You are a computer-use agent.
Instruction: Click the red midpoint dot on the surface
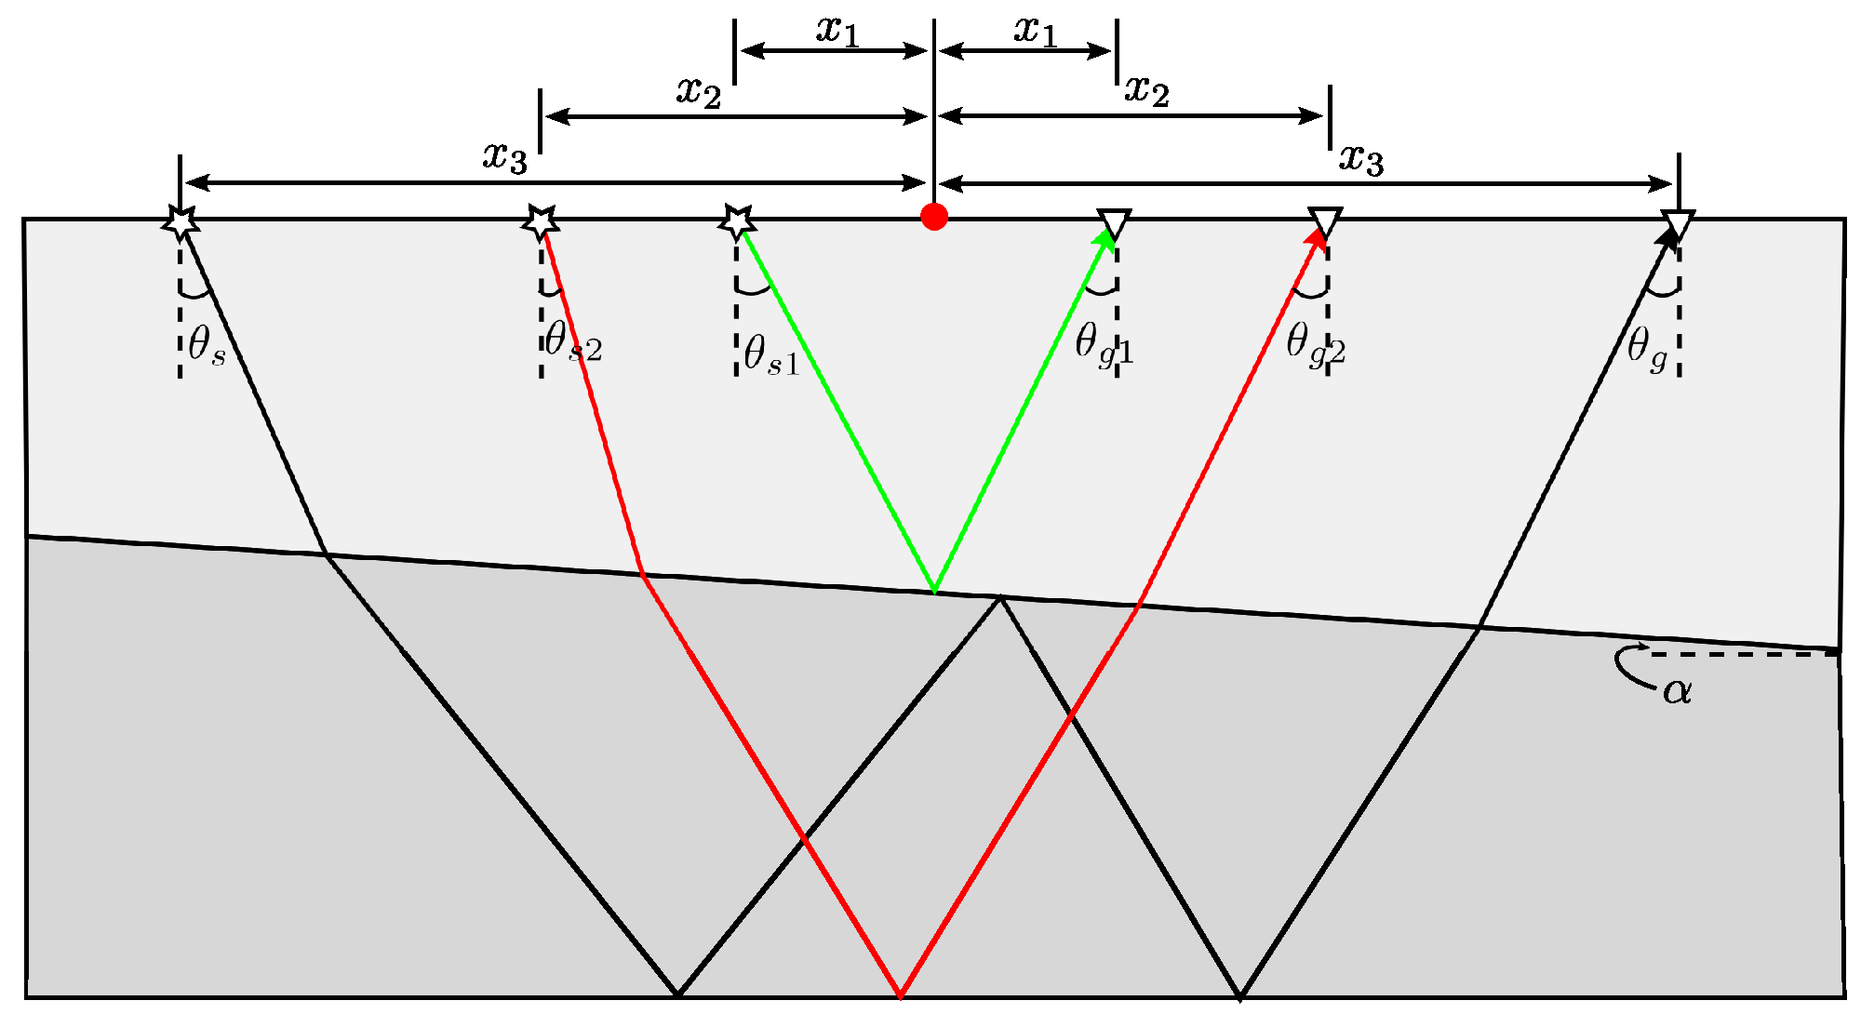coord(934,217)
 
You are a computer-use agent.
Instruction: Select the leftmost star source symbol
coord(181,222)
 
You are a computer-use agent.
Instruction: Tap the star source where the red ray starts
coord(541,222)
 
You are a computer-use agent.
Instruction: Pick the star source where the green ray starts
coord(737,222)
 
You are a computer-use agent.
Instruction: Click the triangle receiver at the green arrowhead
coord(1115,223)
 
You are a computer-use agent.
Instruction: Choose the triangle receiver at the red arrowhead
coord(1325,222)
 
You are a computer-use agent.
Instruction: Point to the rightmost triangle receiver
coord(1678,224)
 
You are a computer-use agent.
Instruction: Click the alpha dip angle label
coord(1678,690)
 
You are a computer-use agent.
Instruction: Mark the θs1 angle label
coord(771,355)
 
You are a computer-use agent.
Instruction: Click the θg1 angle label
coord(1104,344)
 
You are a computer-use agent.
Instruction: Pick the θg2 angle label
coord(1315,344)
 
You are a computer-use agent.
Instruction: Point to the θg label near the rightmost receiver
coord(1647,349)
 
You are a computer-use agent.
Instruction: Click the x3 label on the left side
coord(505,156)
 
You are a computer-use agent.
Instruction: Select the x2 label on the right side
coord(1146,90)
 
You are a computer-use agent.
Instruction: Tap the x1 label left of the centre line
coord(837,30)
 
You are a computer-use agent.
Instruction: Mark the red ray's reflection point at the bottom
coord(901,996)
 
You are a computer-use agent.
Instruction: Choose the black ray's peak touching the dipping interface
coord(1000,597)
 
